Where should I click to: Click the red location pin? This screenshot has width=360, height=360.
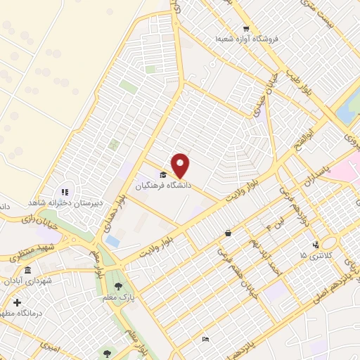[x=181, y=165]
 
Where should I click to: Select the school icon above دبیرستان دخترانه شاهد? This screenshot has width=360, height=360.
[x=65, y=191]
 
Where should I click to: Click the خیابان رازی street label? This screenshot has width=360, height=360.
[x=37, y=220]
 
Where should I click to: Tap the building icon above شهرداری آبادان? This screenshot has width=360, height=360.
[x=27, y=271]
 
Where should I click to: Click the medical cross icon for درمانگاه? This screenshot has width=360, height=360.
[x=17, y=302]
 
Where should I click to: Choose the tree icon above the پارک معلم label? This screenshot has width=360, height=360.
[x=117, y=285]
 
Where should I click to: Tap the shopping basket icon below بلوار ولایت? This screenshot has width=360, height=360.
[x=228, y=233]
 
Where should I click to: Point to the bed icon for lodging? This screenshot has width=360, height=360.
[x=205, y=340]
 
